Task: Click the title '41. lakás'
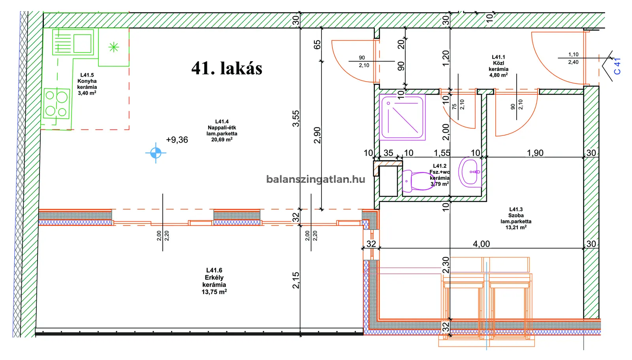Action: click(x=227, y=68)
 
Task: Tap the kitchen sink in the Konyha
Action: click(x=73, y=42)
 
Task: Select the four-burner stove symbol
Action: click(x=56, y=103)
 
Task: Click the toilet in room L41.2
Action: click(x=418, y=181)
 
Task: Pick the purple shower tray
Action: click(x=402, y=117)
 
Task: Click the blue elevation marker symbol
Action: click(x=156, y=153)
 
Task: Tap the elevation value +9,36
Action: click(x=177, y=140)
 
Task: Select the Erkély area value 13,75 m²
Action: click(x=214, y=292)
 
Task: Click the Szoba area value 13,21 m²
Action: click(x=516, y=227)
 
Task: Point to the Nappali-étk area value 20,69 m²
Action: click(x=222, y=140)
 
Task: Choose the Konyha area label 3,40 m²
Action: click(x=87, y=93)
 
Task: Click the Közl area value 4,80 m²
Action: click(x=498, y=75)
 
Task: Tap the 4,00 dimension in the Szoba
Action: click(x=482, y=244)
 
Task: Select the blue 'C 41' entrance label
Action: click(x=617, y=66)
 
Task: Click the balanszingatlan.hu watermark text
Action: click(x=316, y=179)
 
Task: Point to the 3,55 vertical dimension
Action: click(x=296, y=118)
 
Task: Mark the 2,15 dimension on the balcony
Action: click(x=296, y=280)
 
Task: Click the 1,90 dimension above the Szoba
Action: click(x=535, y=153)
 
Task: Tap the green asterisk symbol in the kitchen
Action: click(x=114, y=47)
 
